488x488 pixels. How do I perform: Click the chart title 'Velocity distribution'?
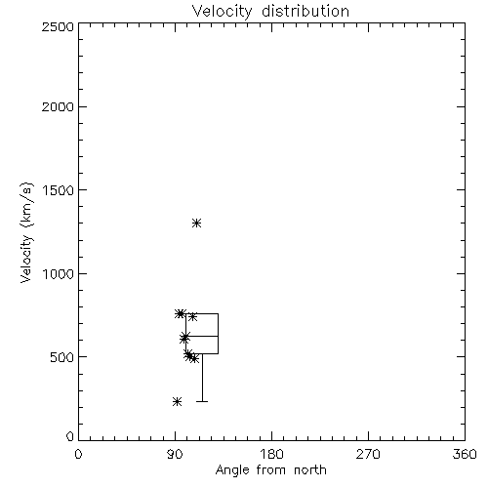coord(270,12)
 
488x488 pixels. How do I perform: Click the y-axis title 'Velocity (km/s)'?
coord(26,233)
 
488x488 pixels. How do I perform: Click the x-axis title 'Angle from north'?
coord(270,469)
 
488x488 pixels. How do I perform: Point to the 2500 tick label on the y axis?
coord(58,26)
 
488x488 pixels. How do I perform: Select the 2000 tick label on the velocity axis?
coord(58,106)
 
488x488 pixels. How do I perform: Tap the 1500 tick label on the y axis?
coord(59,190)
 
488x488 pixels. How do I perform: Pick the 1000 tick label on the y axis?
coord(59,274)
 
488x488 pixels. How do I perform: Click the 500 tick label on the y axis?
coord(62,357)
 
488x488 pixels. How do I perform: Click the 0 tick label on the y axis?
coord(70,436)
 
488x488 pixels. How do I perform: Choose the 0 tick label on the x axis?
coord(78,454)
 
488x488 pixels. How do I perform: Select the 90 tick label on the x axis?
coord(175,454)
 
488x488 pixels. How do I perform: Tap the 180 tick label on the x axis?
coord(271,454)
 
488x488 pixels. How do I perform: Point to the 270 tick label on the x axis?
coord(368,454)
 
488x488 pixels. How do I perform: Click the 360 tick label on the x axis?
coord(465,454)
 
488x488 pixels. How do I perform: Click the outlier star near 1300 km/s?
coord(196,224)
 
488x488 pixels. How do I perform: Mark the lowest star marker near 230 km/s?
coord(177,402)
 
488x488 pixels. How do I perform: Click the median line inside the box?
coord(202,336)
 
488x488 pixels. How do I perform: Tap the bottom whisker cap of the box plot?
coord(202,402)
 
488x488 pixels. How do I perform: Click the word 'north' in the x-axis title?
coord(310,469)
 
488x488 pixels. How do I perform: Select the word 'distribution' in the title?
coord(305,12)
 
